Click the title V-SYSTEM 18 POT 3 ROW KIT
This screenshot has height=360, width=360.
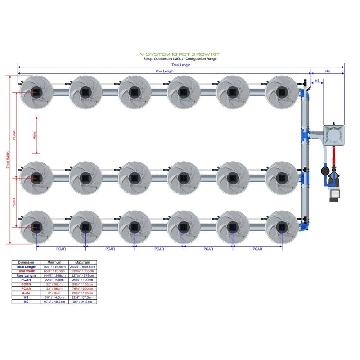coord(180,54)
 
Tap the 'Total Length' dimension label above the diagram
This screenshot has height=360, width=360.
coord(181,65)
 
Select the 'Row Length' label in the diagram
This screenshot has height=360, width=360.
coord(165,71)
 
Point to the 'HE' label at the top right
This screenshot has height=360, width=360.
coord(328,71)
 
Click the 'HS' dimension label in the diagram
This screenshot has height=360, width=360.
coord(317,81)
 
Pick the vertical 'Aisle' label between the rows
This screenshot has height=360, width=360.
coord(35,135)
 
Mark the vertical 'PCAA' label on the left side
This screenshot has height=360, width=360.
coord(14,135)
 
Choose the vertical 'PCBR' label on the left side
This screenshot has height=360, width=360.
coord(14,202)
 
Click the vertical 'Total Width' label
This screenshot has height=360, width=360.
coord(7,160)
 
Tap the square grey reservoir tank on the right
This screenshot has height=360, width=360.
coord(333,134)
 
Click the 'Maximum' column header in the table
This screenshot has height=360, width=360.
coord(83,262)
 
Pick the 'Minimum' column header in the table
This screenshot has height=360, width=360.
coord(54,262)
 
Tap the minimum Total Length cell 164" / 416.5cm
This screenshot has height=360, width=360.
coord(54,267)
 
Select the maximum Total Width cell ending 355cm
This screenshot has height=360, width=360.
coord(83,271)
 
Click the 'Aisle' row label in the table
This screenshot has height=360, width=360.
coord(26,293)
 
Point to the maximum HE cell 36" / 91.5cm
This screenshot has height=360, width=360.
coord(83,302)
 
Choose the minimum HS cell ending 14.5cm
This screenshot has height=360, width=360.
coord(54,297)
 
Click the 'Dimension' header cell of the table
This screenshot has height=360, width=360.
coord(26,262)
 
